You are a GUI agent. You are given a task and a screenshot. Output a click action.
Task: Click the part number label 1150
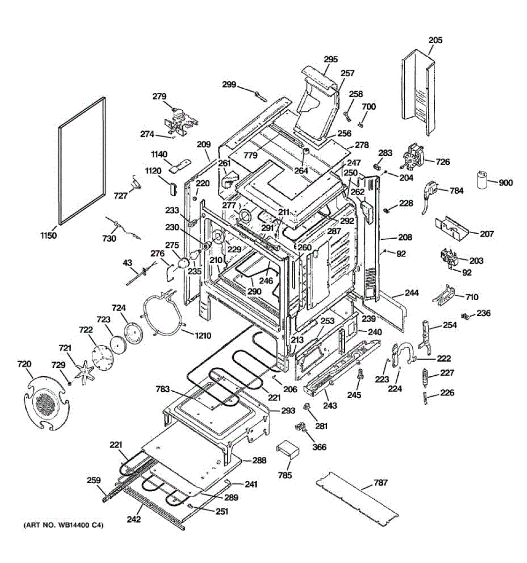point(48,236)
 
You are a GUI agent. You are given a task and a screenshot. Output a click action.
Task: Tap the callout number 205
point(435,40)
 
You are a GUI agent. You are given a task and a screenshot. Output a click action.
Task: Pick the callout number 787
point(381,482)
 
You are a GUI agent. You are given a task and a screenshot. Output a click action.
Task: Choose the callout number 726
point(442,162)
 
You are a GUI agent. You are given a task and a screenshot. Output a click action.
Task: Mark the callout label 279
point(159,97)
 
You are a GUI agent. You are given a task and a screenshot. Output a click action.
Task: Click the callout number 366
point(319,447)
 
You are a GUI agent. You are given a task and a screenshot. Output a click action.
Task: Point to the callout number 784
point(456,190)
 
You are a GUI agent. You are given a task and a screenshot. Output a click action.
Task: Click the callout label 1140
point(159,154)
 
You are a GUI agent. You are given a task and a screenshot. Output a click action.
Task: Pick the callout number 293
point(288,411)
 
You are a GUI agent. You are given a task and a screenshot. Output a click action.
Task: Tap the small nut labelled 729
point(70,383)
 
